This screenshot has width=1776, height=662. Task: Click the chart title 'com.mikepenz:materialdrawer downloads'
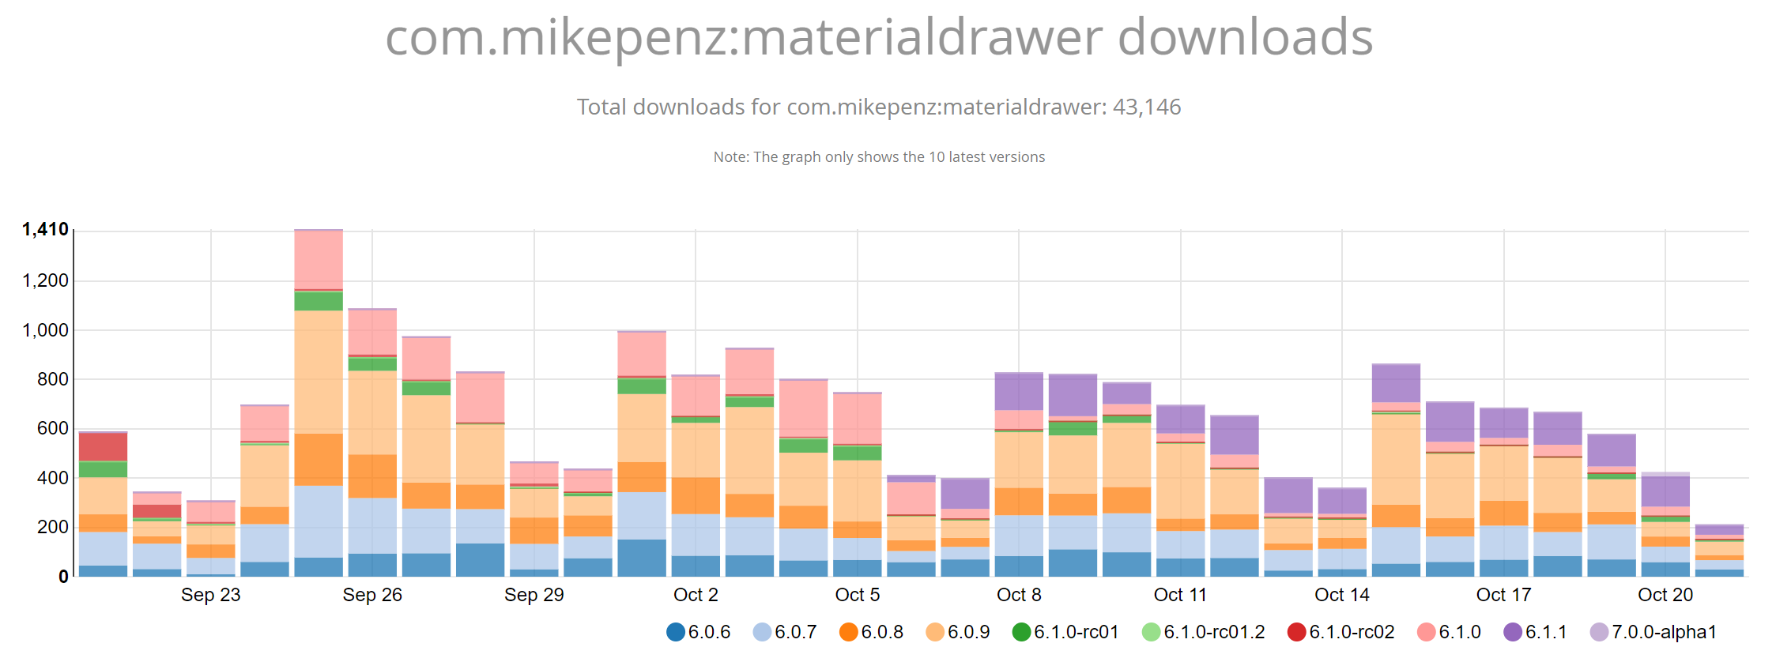point(879,37)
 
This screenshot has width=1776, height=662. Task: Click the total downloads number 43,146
point(1146,107)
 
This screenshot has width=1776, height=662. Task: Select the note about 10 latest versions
point(879,156)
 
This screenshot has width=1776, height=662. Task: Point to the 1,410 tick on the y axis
point(45,230)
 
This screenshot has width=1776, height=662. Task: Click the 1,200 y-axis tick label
point(45,280)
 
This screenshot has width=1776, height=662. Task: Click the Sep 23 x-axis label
point(210,595)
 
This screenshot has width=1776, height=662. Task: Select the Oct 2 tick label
point(696,595)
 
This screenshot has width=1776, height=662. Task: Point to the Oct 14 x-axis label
point(1342,595)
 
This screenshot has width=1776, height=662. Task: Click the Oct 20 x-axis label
point(1665,595)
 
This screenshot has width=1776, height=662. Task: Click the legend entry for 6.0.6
point(699,632)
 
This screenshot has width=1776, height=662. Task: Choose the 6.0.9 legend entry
point(958,632)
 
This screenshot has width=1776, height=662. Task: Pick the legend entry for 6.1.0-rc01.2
point(1203,632)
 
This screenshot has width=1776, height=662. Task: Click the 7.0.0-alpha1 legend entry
point(1653,632)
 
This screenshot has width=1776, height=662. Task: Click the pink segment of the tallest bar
point(319,260)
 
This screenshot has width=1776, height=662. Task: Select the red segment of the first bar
point(103,446)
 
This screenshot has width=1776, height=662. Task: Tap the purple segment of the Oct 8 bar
point(1019,391)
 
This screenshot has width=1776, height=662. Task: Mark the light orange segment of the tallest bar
point(319,371)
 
